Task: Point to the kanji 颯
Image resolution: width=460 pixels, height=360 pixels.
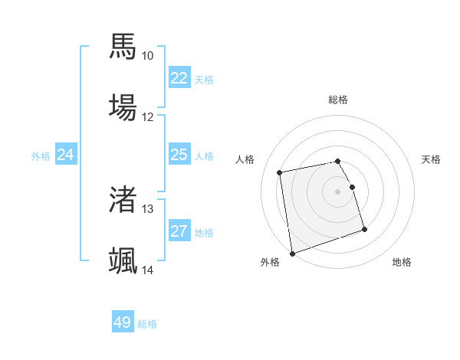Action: tap(123, 260)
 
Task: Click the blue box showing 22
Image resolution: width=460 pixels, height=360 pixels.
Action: tap(179, 78)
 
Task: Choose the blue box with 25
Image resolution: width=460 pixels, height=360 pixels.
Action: tap(179, 155)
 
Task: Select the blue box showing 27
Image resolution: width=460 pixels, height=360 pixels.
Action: tap(179, 231)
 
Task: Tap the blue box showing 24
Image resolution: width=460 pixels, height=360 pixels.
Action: tap(66, 155)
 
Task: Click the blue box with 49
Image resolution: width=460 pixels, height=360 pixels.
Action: tap(123, 323)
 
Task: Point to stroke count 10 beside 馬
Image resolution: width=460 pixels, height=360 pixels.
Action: tap(147, 56)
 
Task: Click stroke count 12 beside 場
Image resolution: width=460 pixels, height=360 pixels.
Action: tap(147, 117)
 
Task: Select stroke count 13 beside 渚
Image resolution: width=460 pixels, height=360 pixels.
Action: tap(147, 209)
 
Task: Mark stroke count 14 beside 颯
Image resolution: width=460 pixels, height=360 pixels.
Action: tap(147, 270)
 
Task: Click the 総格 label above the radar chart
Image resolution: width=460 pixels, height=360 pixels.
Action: tap(338, 100)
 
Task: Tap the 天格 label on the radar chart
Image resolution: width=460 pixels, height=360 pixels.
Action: tap(432, 159)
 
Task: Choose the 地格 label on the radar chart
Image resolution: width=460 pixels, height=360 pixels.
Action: tap(402, 262)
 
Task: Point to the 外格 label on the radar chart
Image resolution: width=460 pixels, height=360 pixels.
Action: tap(270, 262)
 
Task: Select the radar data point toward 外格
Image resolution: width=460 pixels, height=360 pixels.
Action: tap(292, 253)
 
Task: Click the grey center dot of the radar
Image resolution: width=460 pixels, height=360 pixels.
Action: tap(338, 191)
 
